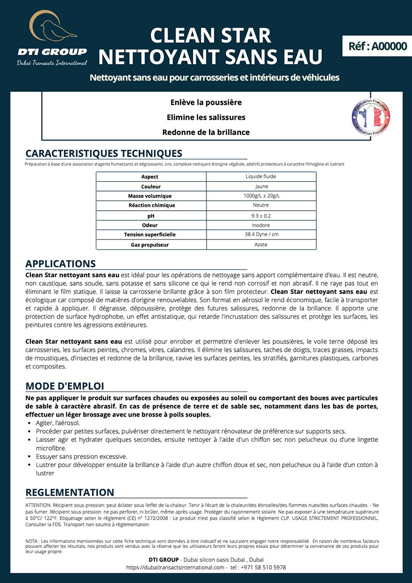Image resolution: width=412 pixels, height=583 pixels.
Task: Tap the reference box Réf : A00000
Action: point(377,45)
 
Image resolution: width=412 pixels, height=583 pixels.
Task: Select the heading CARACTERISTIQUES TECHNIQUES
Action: point(104,153)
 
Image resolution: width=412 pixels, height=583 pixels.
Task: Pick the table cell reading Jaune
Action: point(261,186)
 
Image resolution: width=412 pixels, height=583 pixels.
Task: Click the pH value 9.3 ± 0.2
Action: point(261,216)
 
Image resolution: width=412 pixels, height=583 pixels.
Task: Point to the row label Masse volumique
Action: point(150,196)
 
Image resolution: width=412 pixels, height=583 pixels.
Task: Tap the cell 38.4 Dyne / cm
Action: point(261,235)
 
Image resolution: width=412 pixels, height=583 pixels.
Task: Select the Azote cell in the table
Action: point(261,245)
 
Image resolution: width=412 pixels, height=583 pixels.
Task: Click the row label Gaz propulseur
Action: point(150,245)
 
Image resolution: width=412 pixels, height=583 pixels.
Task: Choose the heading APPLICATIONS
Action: point(60,264)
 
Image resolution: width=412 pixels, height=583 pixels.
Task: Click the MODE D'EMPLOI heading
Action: point(64,386)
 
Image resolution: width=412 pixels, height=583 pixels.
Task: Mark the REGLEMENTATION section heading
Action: point(70,492)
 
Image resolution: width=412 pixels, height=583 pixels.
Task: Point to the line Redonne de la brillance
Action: point(206,132)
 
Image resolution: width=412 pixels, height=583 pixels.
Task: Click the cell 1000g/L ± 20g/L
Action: point(261,196)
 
